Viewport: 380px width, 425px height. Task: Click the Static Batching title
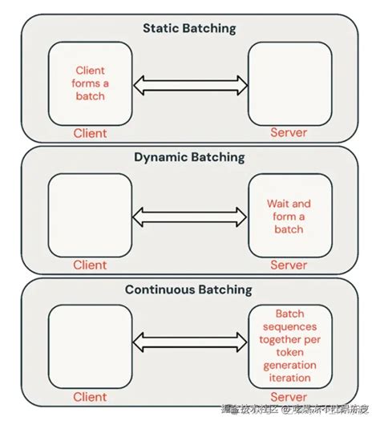(x=190, y=27)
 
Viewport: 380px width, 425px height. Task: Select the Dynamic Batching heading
(x=190, y=158)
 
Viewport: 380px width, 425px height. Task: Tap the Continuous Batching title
(x=190, y=289)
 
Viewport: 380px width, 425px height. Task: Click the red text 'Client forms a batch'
(x=90, y=83)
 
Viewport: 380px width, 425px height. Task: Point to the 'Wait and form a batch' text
(x=289, y=217)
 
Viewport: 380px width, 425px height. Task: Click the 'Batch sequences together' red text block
(x=289, y=344)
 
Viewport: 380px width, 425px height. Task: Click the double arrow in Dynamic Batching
(x=189, y=215)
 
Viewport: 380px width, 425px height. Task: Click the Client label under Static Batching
(x=90, y=132)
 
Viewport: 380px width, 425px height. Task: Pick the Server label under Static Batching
(x=289, y=132)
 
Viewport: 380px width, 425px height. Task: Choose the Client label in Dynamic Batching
(x=90, y=265)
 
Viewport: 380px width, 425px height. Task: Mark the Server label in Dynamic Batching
(x=289, y=265)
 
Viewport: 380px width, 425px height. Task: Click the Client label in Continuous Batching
(x=90, y=396)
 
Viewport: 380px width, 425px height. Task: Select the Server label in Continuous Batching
(x=289, y=396)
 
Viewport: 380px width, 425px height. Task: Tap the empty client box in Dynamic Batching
(x=90, y=214)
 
